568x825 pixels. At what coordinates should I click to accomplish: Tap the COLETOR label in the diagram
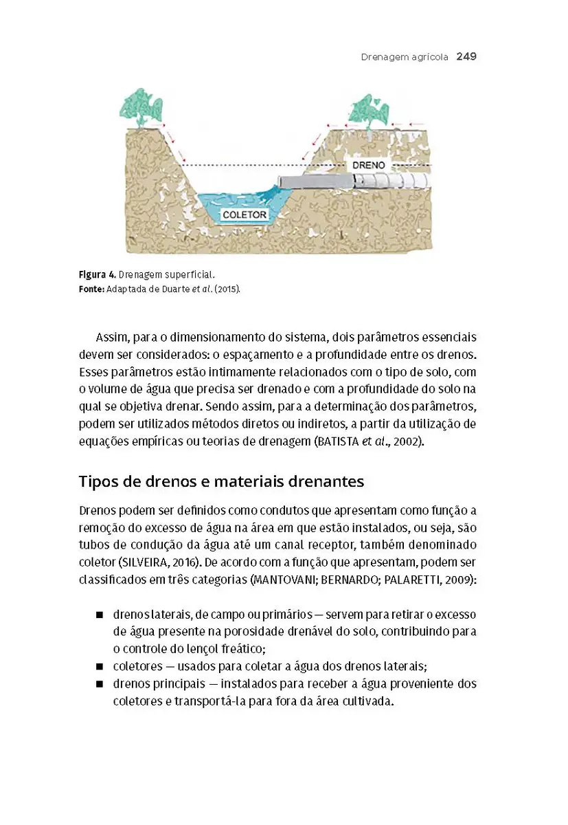[x=245, y=214]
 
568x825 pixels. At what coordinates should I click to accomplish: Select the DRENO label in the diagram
[x=368, y=166]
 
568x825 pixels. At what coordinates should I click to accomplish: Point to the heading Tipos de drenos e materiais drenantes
[x=221, y=481]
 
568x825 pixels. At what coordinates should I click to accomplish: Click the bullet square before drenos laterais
[x=100, y=615]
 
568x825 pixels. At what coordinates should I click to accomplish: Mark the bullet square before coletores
[x=100, y=667]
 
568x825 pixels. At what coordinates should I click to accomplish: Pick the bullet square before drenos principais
[x=100, y=685]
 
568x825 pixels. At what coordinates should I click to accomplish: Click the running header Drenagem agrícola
[x=405, y=56]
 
